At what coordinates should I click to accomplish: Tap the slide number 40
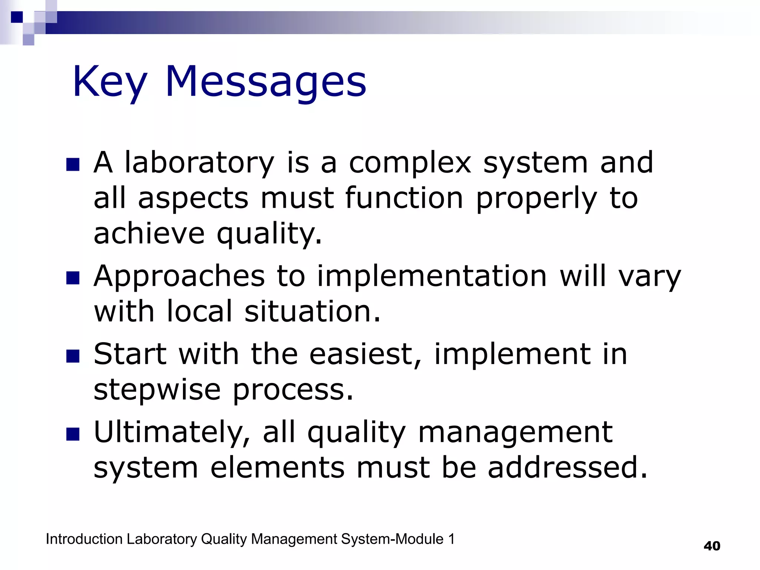click(x=712, y=546)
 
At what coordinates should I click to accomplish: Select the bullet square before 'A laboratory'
click(x=73, y=165)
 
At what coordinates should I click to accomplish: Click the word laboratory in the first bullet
click(x=199, y=163)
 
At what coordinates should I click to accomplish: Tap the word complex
click(x=410, y=163)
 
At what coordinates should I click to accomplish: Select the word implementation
click(x=432, y=276)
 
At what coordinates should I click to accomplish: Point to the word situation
click(x=312, y=312)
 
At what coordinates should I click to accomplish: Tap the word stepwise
click(x=157, y=390)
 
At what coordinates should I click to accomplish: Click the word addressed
click(x=567, y=468)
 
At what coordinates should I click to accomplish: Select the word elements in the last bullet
click(x=277, y=468)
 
